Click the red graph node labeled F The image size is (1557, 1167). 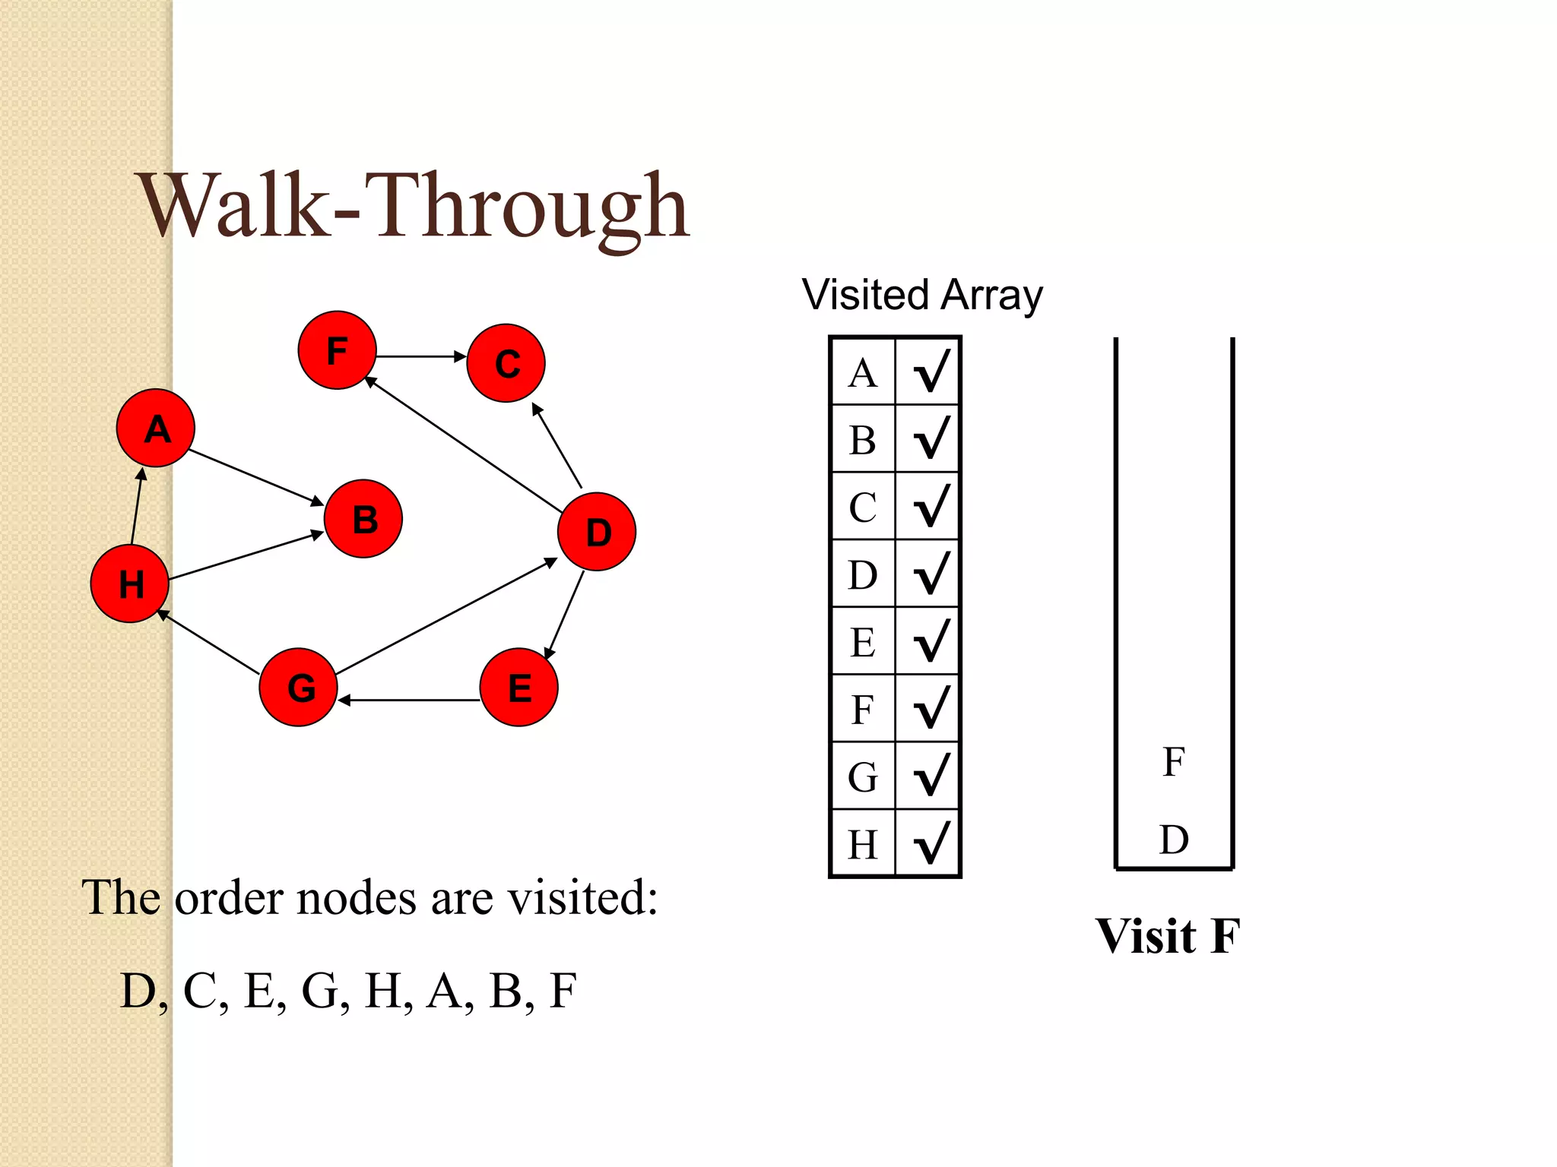pos(337,350)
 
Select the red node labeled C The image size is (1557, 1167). pos(506,363)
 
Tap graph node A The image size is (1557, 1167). pos(156,429)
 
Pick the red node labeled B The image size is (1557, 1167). pos(363,519)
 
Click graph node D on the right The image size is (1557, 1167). pos(597,532)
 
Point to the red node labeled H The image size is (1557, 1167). pos(129,583)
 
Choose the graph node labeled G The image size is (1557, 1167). pos(299,687)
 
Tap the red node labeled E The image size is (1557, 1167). pos(519,687)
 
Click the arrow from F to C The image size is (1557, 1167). pos(421,356)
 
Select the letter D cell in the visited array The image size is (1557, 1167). pos(863,574)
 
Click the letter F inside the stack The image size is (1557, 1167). pos(1174,761)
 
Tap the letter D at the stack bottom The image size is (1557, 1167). pos(1174,840)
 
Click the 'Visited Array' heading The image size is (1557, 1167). pos(922,295)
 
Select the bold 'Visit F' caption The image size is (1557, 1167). pos(1168,935)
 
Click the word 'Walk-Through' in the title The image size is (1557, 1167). pos(414,207)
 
